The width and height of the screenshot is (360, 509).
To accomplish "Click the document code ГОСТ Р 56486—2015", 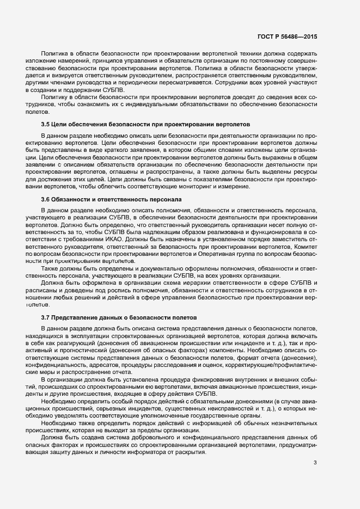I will point(288,36).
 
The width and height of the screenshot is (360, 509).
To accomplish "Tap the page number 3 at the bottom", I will point(315,463).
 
